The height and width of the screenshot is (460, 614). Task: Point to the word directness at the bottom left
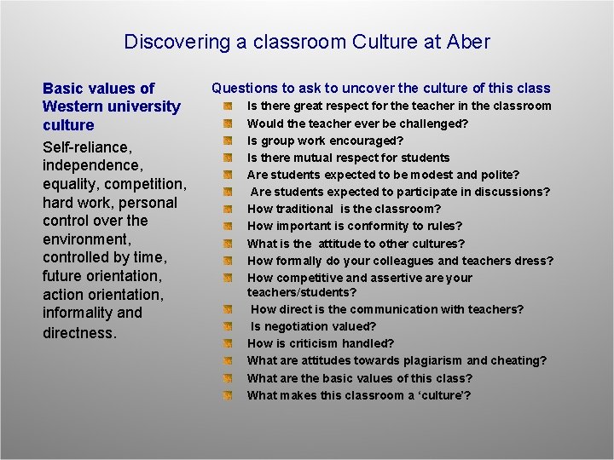79,332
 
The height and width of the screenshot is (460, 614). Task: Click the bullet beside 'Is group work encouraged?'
228,141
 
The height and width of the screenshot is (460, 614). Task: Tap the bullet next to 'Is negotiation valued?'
228,326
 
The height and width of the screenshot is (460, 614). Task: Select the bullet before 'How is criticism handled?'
228,344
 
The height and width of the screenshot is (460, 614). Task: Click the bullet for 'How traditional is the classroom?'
228,209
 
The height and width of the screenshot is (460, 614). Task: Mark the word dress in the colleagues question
533,261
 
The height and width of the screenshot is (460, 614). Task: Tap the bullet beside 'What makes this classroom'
228,395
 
